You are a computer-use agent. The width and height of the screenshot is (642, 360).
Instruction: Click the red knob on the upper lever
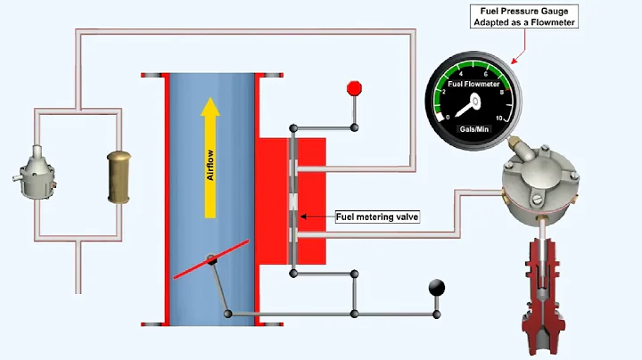click(354, 88)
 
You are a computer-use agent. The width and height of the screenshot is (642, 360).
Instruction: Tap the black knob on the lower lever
click(438, 287)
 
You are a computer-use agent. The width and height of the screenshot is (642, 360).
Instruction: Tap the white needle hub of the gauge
click(472, 102)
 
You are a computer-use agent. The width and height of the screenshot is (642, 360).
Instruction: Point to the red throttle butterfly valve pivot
click(212, 260)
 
